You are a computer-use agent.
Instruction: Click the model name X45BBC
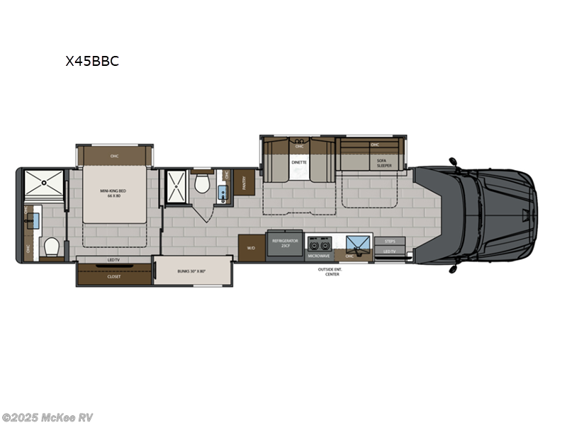pos(92,61)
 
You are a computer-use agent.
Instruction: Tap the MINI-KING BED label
pos(113,193)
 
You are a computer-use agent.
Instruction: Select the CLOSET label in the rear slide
pos(113,276)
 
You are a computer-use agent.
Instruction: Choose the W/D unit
pos(251,248)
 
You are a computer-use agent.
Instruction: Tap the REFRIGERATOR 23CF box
pos(284,244)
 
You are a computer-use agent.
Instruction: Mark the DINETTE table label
pos(299,162)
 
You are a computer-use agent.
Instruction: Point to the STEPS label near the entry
pos(389,242)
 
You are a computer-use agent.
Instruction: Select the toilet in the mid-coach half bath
pos(202,185)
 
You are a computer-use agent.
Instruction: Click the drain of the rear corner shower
pos(43,181)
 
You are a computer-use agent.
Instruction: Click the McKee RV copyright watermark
pos(47,417)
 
